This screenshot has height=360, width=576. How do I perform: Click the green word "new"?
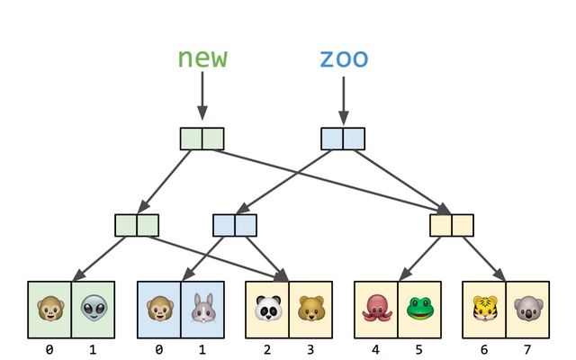point(202,58)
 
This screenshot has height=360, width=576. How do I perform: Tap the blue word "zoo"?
point(344,59)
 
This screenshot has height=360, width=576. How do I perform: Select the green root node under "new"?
point(202,139)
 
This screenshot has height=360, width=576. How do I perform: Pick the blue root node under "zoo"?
point(343,139)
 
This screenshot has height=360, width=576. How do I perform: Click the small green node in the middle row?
point(137,225)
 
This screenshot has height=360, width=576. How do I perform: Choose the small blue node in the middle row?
point(235,225)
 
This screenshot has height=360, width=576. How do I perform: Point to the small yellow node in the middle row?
point(452,225)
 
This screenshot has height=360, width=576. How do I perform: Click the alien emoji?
point(94,309)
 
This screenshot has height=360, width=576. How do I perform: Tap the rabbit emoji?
point(202,309)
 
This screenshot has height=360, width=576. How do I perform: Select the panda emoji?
point(267,309)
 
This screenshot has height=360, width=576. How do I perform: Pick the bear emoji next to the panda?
point(310,309)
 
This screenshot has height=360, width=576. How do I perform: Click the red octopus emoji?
point(376,309)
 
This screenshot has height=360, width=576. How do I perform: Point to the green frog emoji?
point(419,309)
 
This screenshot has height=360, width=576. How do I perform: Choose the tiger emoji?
point(484,309)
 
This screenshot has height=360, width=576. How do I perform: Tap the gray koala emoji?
point(527,309)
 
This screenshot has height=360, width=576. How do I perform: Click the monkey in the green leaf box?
point(49,309)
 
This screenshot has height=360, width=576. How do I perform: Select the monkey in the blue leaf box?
point(159,309)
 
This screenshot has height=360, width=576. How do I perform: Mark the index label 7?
point(527,347)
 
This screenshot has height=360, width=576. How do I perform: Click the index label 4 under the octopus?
point(376,347)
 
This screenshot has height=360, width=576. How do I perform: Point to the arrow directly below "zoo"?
point(343,99)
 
